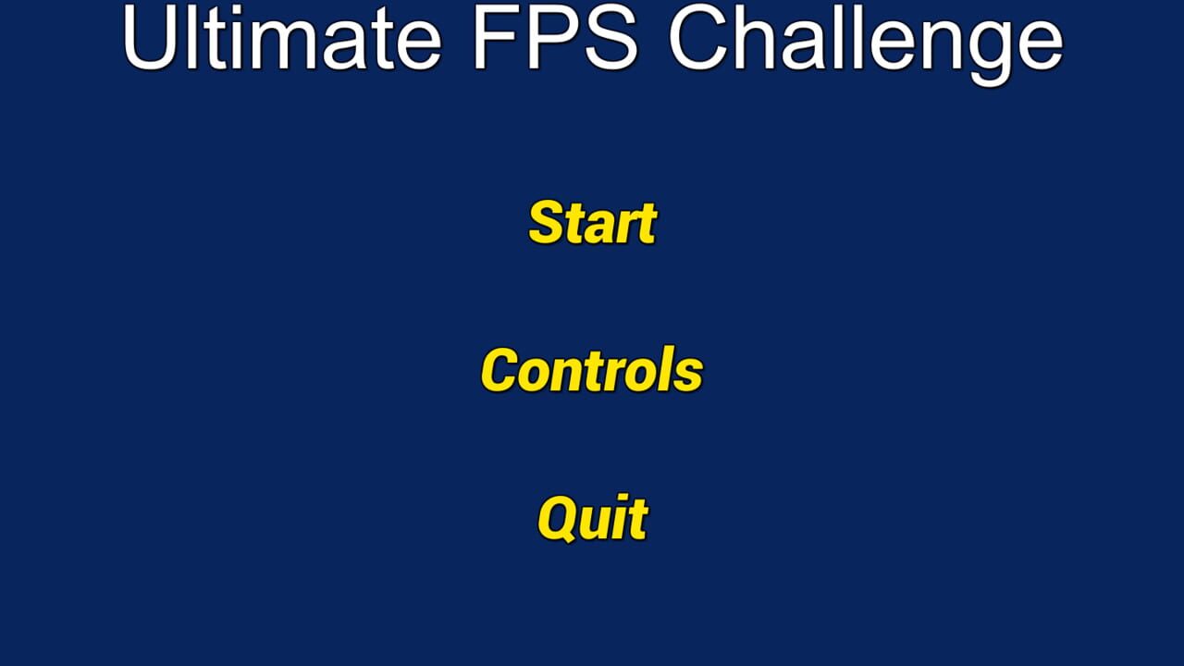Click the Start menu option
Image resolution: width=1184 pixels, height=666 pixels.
tap(593, 223)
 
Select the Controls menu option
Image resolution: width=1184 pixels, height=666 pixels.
tap(592, 369)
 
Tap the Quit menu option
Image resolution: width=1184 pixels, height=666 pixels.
tap(593, 518)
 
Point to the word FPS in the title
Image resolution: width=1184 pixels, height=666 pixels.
tap(556, 37)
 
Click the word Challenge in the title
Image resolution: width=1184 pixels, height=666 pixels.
tap(866, 44)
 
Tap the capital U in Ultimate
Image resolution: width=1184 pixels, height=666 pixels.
tap(149, 37)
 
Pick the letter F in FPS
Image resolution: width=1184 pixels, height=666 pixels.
tap(497, 37)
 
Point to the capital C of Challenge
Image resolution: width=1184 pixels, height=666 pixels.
tap(698, 37)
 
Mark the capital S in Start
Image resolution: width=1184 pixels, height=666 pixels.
tap(547, 223)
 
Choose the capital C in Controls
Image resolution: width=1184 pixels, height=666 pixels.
tap(499, 370)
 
